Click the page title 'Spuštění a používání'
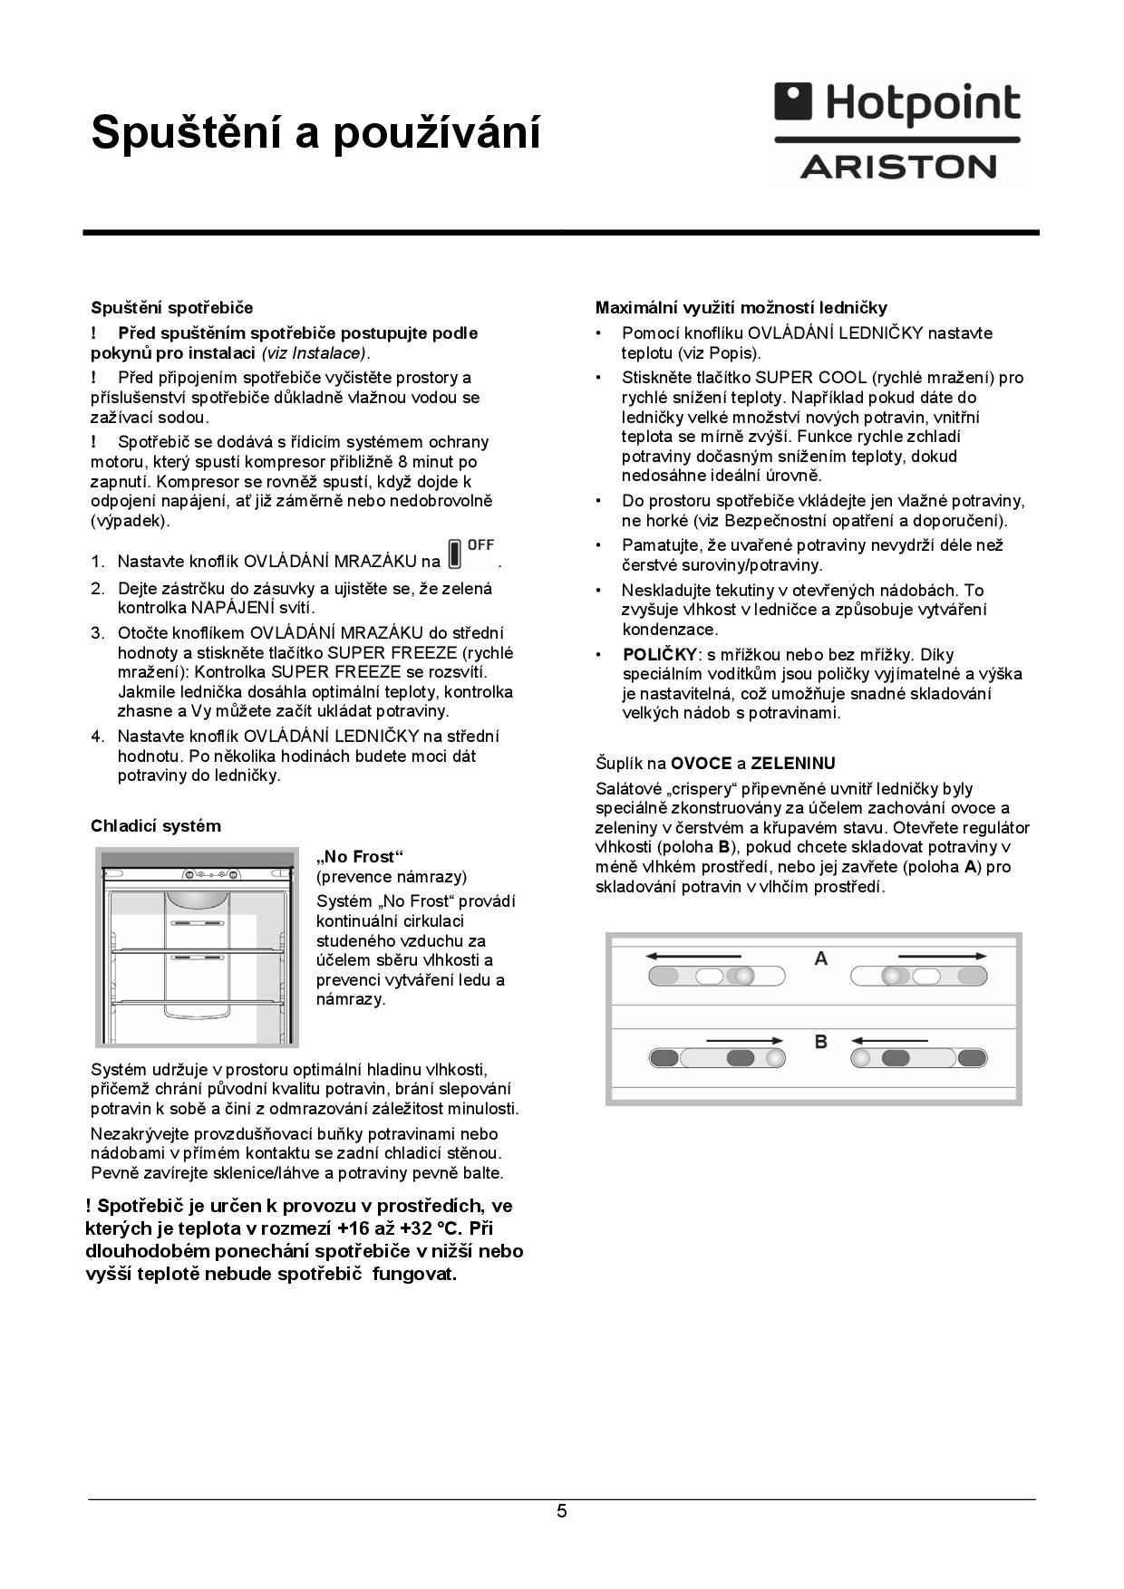(315, 133)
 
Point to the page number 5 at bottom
(562, 1511)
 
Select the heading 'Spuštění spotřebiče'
(171, 308)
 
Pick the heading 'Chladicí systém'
(155, 826)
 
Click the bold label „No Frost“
(360, 857)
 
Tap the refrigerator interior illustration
(197, 947)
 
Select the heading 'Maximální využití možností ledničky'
(741, 308)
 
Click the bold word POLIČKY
(660, 655)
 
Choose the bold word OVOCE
(701, 764)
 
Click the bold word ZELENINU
(793, 764)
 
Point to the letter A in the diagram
(821, 958)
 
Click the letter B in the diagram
(821, 1042)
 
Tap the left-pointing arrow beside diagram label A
(693, 956)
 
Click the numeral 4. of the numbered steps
(98, 737)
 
